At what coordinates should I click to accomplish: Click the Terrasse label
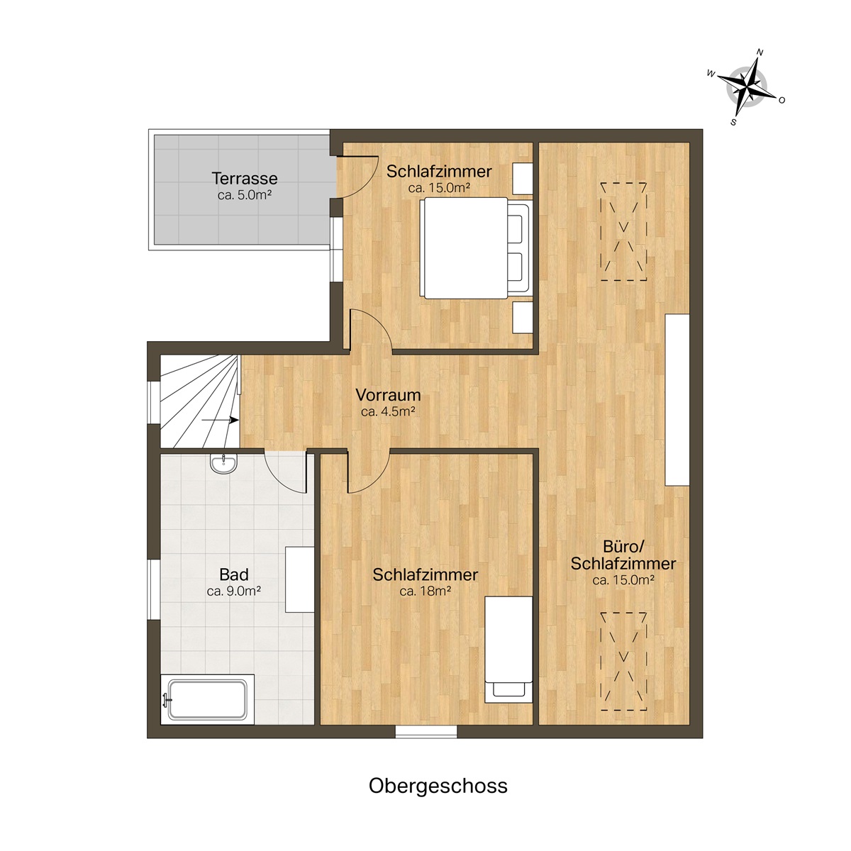point(244,179)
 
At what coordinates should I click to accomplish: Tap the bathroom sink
point(224,464)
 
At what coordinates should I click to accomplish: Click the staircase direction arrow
point(221,420)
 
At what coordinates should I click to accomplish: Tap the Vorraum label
point(388,394)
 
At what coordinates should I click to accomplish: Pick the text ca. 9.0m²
point(233,591)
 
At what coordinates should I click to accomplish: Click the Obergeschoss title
point(438,786)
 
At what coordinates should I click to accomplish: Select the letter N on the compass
point(760,52)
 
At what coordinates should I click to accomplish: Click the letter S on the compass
point(734,122)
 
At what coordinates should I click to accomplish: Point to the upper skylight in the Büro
point(623,231)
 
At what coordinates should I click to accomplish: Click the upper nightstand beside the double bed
point(523,179)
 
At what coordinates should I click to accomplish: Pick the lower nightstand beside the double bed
point(523,318)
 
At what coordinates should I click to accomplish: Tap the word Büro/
point(623,547)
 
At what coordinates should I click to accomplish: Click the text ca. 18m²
point(425,591)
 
